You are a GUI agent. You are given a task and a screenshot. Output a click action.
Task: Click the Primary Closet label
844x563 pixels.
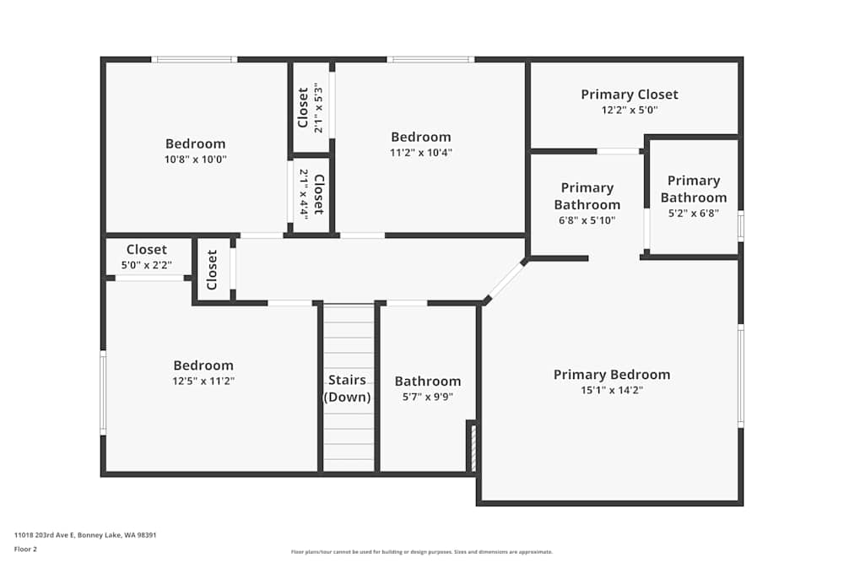[629, 95]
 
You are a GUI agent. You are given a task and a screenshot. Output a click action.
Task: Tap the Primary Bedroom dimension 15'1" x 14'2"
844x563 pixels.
[611, 391]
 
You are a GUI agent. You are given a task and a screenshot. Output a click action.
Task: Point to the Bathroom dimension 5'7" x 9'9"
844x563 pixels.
[428, 398]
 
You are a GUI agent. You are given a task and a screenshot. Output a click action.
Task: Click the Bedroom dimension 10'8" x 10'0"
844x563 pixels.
[195, 160]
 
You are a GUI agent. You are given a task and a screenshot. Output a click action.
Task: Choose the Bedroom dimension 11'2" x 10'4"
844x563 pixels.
[420, 153]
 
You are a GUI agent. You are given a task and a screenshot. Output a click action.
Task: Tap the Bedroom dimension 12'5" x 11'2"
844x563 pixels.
[203, 382]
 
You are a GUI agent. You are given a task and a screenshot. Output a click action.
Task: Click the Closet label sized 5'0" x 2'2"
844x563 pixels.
[147, 250]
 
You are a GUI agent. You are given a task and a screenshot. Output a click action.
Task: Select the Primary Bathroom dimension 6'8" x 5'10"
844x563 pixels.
[587, 220]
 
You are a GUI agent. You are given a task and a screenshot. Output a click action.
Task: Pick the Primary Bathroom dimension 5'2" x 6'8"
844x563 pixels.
[693, 214]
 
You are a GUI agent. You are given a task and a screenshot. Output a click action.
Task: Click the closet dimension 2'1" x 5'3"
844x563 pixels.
[318, 108]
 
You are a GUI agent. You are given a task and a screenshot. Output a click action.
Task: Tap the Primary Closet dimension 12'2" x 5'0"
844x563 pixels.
[629, 111]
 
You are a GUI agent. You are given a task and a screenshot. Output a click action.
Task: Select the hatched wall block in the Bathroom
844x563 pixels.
[473, 447]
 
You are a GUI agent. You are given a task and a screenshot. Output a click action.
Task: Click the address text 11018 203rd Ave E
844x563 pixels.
[85, 534]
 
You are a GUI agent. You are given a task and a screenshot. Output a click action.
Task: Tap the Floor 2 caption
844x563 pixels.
[25, 549]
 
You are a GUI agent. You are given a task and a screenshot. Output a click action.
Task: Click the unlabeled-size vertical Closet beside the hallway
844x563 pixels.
[213, 269]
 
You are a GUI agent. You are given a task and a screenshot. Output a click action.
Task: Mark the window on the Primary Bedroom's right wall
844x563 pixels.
[741, 376]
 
